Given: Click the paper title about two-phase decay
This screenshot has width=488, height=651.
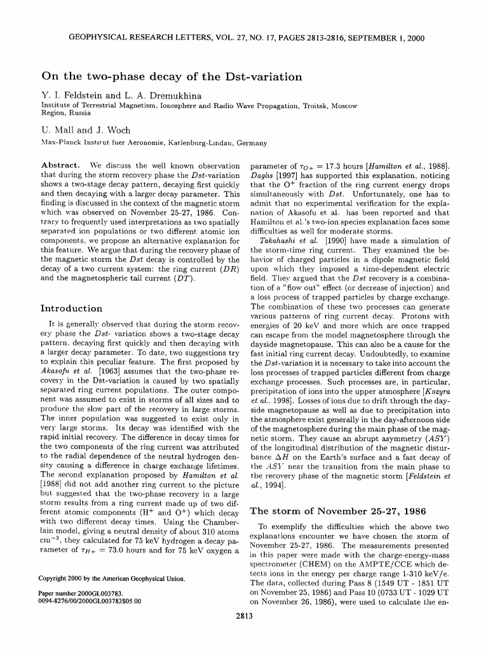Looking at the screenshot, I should (171, 77).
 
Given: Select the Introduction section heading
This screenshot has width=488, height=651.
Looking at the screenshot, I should (71, 308).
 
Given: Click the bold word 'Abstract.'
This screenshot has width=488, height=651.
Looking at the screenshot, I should (59, 165).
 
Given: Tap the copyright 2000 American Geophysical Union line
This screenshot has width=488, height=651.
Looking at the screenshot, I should (112, 579).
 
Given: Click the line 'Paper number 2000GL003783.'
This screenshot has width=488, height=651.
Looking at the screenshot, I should (79, 593).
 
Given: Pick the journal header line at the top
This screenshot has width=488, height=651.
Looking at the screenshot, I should (244, 38).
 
